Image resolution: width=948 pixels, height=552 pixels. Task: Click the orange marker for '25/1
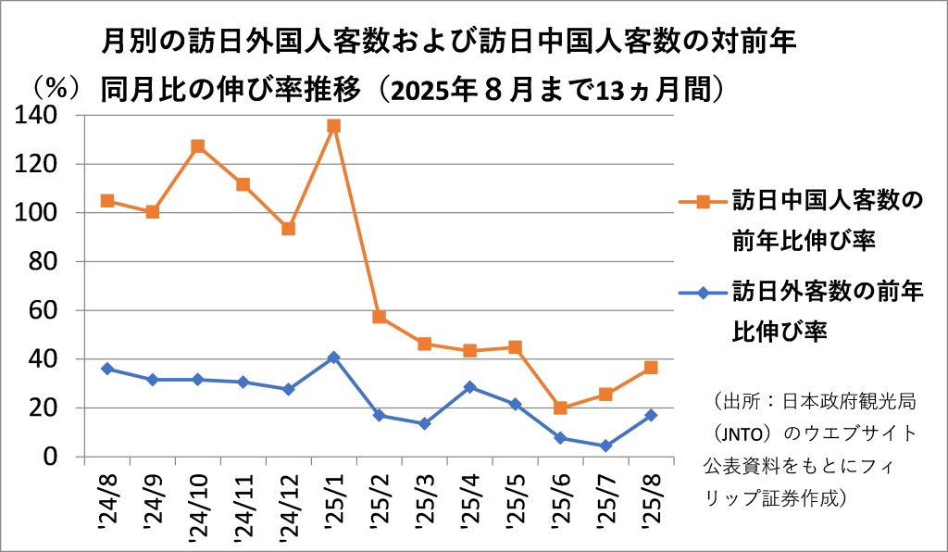(x=333, y=125)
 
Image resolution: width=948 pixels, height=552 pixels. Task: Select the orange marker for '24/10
(x=197, y=146)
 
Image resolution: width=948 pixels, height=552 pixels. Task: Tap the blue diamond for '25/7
(x=605, y=445)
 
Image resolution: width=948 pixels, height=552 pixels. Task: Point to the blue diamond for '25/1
(x=333, y=358)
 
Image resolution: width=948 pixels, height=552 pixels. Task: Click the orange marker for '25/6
(x=560, y=408)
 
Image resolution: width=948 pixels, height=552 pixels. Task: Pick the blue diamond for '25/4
(x=469, y=387)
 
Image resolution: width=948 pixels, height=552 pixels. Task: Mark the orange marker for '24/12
(x=288, y=229)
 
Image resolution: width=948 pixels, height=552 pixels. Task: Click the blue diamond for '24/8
(x=107, y=369)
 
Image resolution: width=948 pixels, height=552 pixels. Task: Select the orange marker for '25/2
(x=379, y=317)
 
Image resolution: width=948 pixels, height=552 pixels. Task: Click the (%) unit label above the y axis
(x=52, y=89)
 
